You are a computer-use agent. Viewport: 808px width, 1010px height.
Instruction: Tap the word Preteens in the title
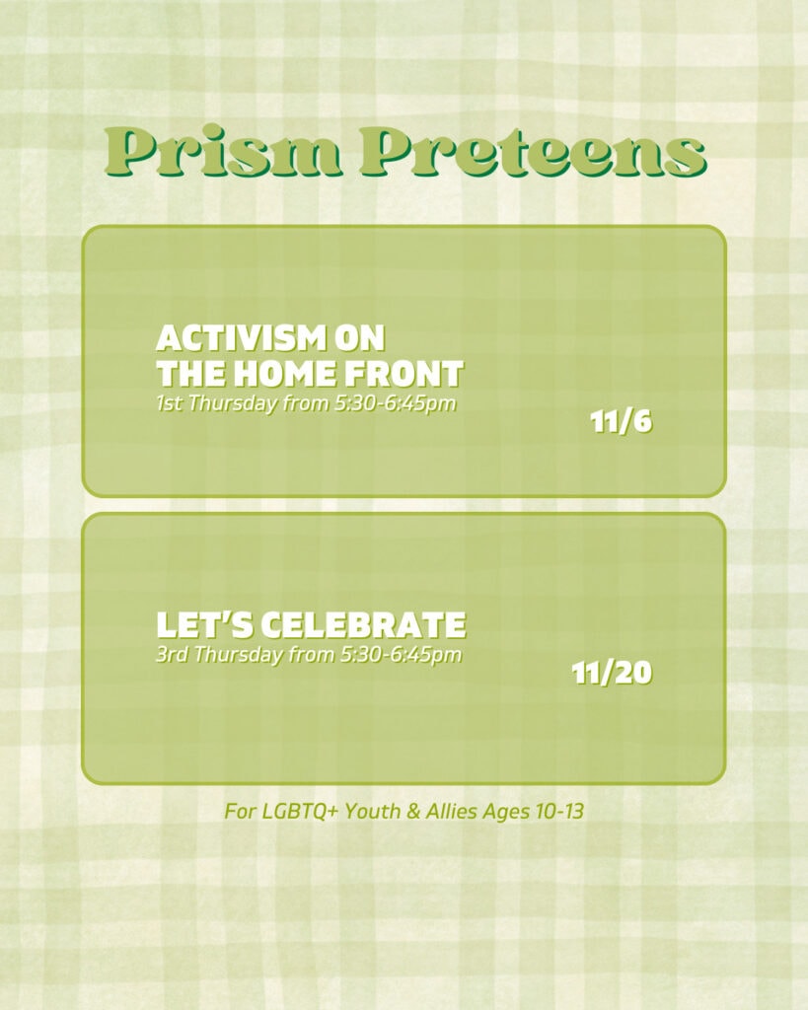(x=532, y=152)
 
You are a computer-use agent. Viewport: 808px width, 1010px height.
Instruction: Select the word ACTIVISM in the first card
(x=240, y=338)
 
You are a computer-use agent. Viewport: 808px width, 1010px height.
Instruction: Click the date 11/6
(x=622, y=422)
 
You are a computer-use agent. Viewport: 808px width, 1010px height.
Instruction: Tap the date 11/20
(x=612, y=673)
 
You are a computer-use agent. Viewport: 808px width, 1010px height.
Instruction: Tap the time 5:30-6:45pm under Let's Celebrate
(x=401, y=656)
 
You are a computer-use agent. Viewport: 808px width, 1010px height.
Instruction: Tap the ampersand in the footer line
(x=413, y=812)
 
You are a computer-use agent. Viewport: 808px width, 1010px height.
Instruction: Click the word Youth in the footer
(x=372, y=812)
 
